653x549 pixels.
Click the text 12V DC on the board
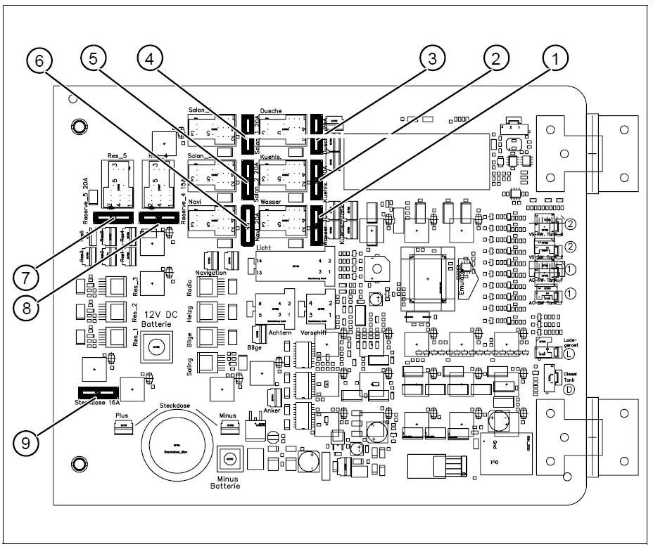coord(159,314)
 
